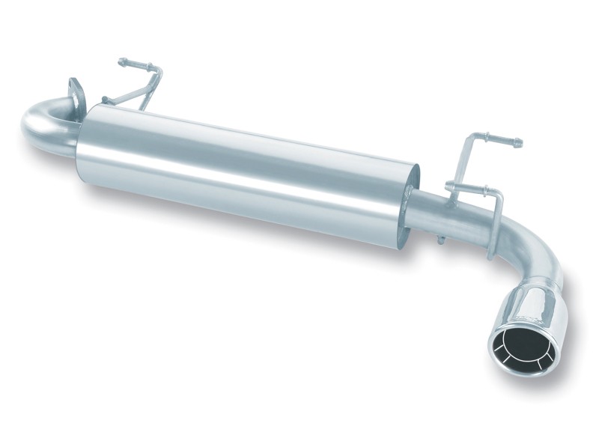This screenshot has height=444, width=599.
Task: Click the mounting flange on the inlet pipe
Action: click(x=76, y=94)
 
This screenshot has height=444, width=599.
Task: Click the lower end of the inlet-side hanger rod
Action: click(x=106, y=100)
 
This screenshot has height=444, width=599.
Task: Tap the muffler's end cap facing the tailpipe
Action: click(x=410, y=202)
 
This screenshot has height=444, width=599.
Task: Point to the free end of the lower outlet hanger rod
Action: click(x=449, y=186)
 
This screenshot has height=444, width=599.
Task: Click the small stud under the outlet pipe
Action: click(x=440, y=240)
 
